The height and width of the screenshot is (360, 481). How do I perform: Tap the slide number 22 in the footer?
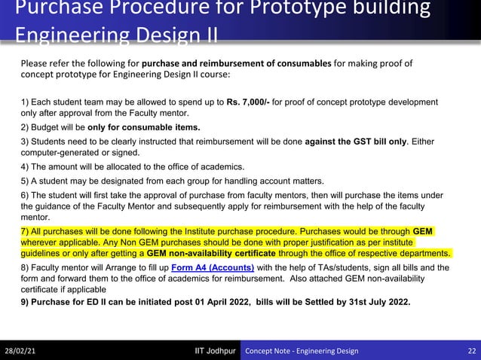coord(471,351)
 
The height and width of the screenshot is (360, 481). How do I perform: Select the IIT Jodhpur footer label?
coord(215,351)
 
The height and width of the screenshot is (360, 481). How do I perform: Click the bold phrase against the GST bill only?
coord(356,141)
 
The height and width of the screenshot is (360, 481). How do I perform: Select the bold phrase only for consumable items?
coord(144,127)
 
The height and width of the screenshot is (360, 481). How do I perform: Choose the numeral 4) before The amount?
coord(26,166)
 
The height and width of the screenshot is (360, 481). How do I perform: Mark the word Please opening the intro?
coord(34,63)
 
